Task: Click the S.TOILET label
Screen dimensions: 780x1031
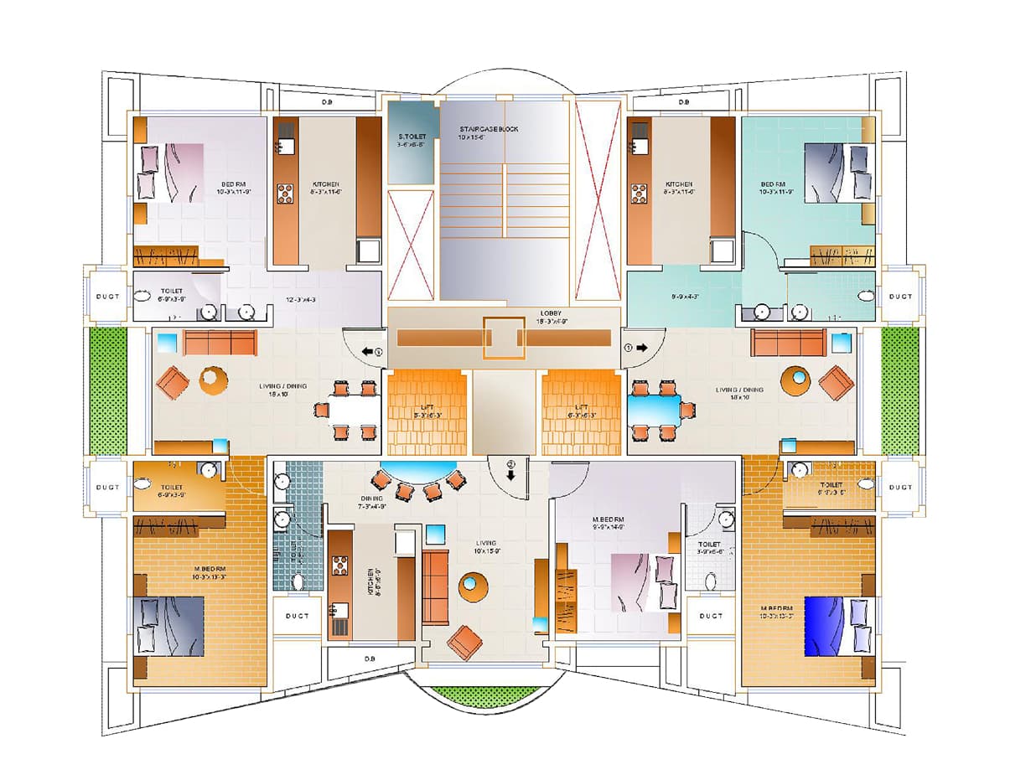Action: coord(411,137)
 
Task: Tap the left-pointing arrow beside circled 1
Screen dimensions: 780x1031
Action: coord(366,351)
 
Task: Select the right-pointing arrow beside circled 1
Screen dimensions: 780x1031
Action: coord(641,347)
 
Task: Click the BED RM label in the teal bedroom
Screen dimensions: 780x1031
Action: coord(773,183)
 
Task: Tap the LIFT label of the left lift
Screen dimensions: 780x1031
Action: coord(427,408)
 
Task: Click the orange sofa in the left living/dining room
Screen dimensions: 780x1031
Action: coord(220,342)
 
